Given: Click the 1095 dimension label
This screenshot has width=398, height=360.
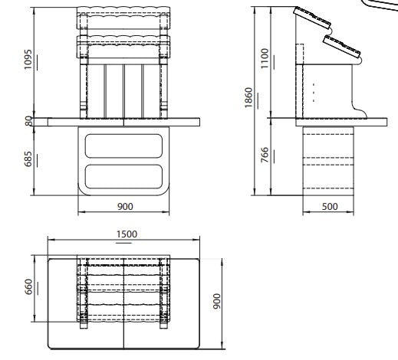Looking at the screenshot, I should pyautogui.click(x=29, y=61).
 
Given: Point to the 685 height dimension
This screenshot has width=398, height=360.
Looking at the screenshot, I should pyautogui.click(x=29, y=159).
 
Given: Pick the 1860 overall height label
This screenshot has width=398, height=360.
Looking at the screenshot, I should pyautogui.click(x=248, y=97).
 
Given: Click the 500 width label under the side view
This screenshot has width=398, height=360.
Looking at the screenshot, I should pyautogui.click(x=330, y=207).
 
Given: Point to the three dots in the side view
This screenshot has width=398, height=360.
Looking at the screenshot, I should pyautogui.click(x=313, y=91).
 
